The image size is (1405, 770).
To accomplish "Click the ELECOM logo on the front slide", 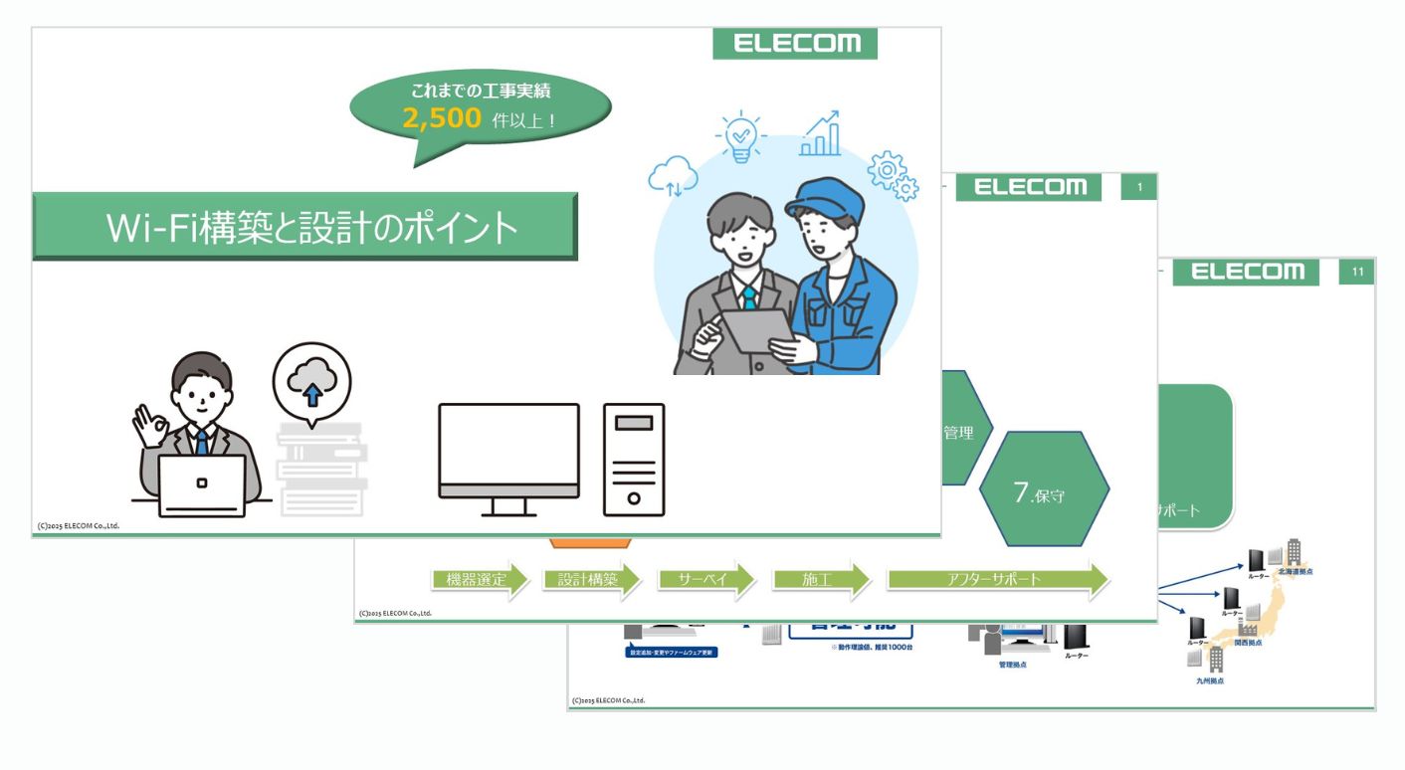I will coord(795,44).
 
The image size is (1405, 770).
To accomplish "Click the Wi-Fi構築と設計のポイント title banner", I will coord(305,227).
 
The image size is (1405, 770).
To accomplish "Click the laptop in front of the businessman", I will coord(203,485).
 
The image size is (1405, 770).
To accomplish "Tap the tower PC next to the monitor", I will coord(634,459).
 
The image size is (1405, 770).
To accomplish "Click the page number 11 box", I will coord(1357,272).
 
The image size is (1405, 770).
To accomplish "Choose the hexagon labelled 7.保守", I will coord(1045,488).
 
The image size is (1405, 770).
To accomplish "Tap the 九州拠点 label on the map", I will coord(1210,681).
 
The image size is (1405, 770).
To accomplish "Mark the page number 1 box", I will coord(1139,186).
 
